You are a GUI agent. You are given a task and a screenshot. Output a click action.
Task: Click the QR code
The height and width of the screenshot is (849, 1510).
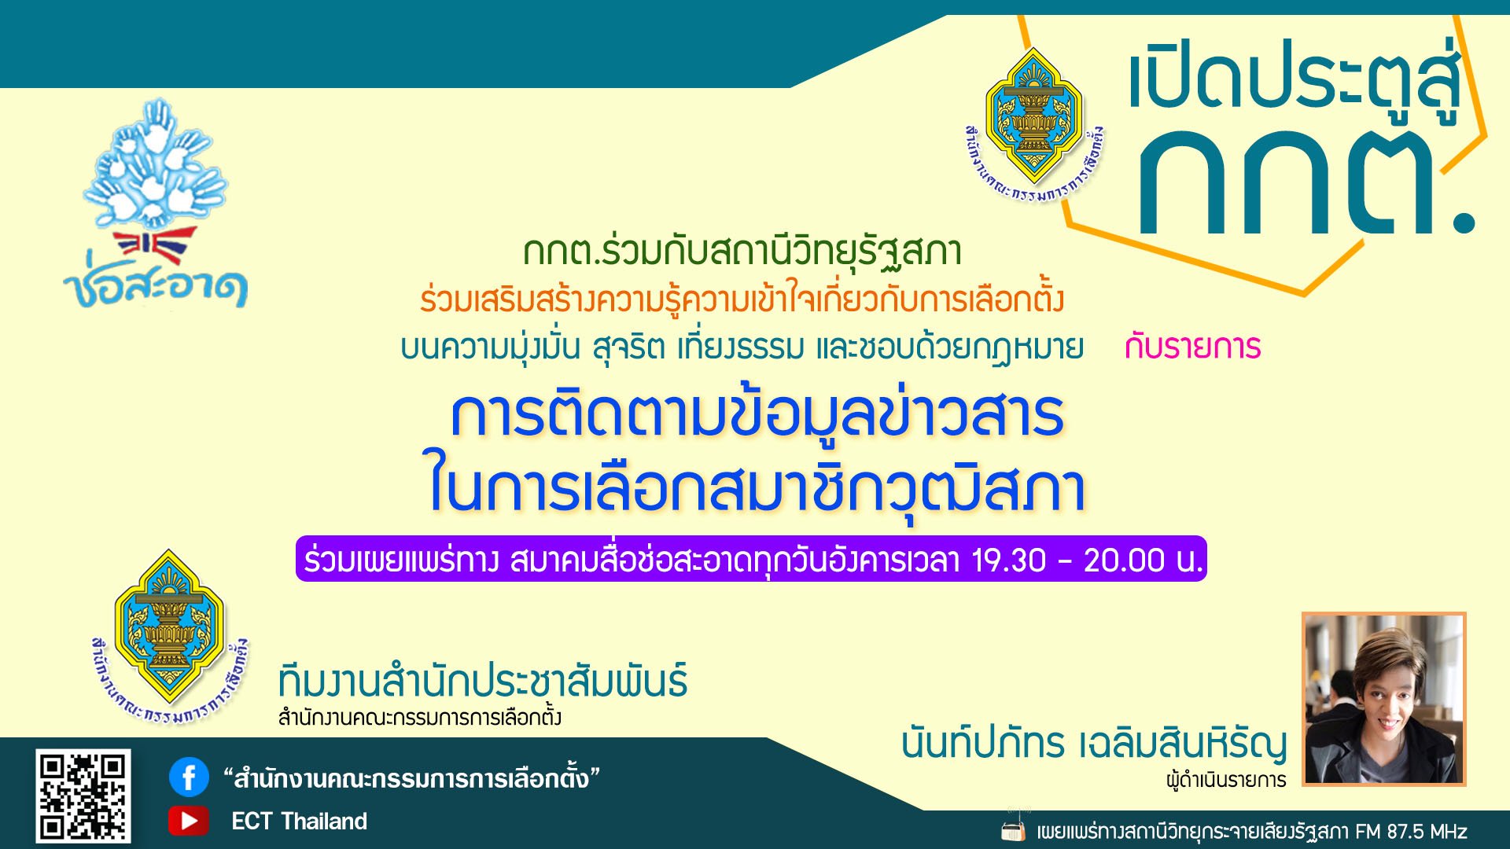83,796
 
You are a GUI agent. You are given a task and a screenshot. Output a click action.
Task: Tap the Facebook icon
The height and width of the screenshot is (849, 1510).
189,777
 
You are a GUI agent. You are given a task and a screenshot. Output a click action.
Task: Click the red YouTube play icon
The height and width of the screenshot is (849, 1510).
189,821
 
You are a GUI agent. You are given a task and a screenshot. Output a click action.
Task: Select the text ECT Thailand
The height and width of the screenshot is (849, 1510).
299,821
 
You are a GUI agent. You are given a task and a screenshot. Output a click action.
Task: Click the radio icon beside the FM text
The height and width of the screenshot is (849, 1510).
1014,829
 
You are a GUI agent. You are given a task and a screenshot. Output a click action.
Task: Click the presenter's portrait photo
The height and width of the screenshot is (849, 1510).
1384,698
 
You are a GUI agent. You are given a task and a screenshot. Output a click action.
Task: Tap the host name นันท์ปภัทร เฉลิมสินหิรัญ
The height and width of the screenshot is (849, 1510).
1094,743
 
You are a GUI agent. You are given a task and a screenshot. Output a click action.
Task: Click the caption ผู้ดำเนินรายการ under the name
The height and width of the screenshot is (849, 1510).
1226,780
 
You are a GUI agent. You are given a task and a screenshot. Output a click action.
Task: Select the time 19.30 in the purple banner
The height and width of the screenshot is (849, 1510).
1009,560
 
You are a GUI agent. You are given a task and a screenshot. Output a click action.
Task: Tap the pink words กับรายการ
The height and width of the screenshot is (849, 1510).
1192,347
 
